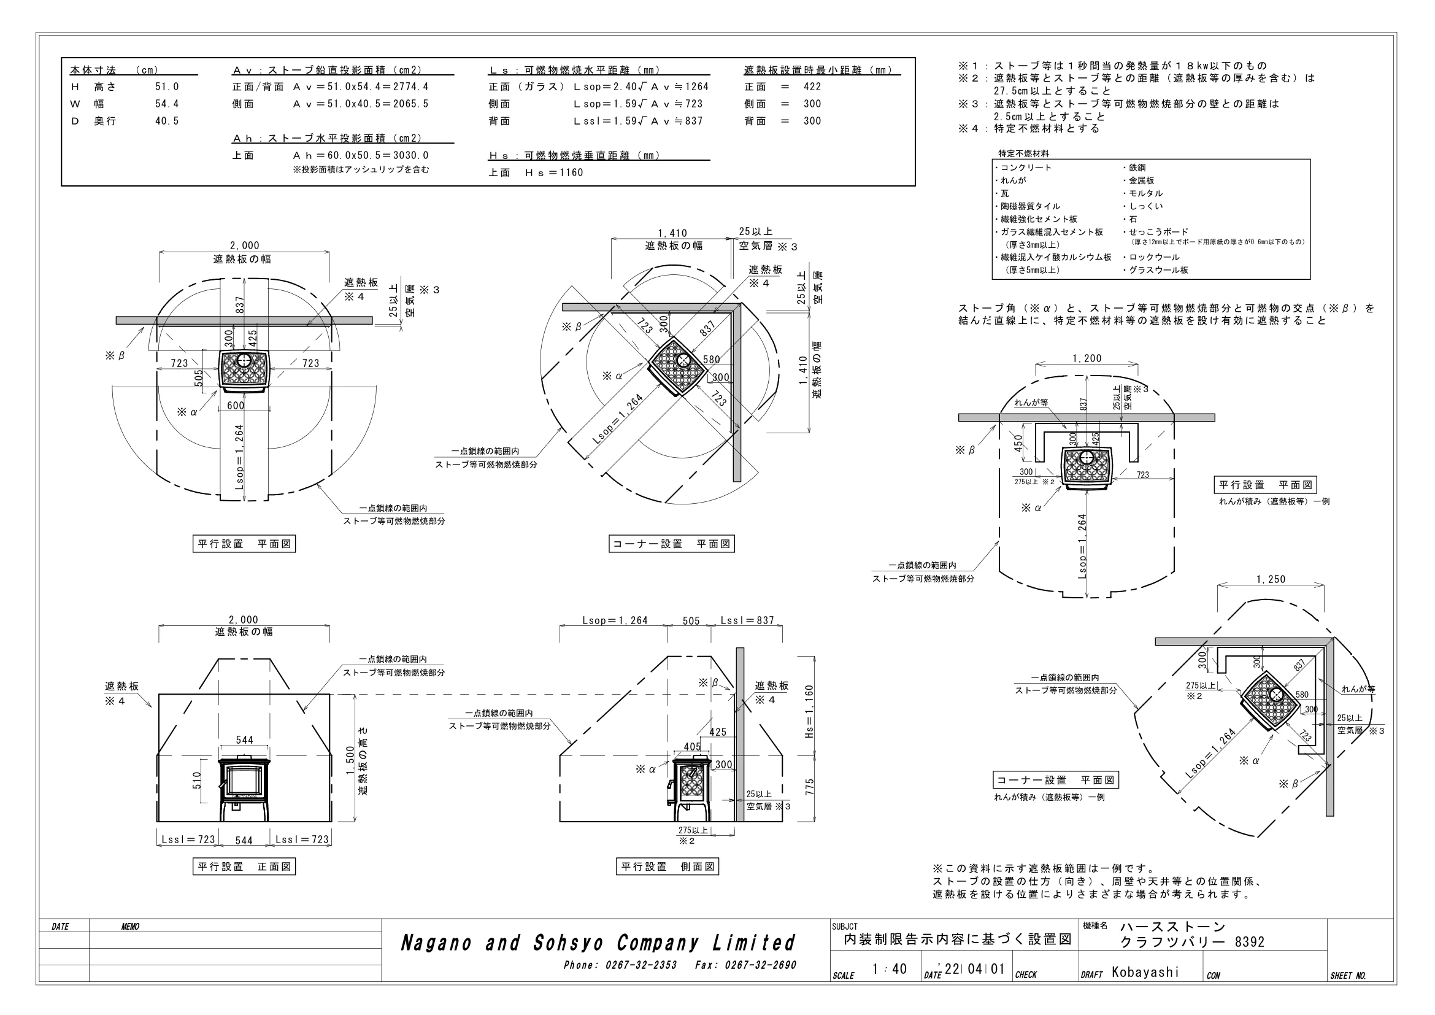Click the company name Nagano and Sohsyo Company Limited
[x=598, y=943]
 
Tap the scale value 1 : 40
[x=890, y=969]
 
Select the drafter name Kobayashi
[x=1145, y=972]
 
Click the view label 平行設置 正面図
[x=244, y=866]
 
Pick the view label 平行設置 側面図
[x=667, y=866]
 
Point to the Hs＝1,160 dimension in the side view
[x=809, y=712]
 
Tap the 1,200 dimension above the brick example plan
[x=1087, y=359]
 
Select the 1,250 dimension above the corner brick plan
[x=1271, y=579]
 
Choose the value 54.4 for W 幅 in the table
[x=167, y=104]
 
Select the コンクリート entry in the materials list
[x=1023, y=168]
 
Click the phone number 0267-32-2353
[x=641, y=965]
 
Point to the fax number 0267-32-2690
[x=761, y=965]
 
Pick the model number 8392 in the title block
[x=1249, y=942]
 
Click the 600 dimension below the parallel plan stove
[x=236, y=406]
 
